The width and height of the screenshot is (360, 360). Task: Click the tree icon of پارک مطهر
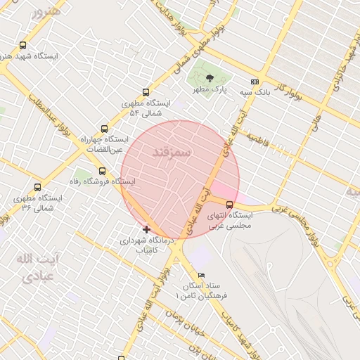click(x=210, y=79)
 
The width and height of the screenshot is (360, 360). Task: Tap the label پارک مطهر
click(x=212, y=91)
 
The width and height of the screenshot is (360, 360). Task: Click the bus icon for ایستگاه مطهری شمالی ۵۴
click(x=146, y=92)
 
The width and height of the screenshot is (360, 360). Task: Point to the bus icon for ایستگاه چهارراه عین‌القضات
click(x=104, y=129)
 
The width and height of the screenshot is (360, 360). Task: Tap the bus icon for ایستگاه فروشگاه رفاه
click(x=103, y=171)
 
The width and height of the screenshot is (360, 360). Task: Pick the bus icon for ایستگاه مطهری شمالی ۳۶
click(x=37, y=187)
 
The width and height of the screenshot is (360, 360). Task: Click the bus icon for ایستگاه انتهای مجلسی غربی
click(x=229, y=205)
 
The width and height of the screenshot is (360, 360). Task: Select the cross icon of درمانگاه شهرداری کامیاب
click(x=146, y=229)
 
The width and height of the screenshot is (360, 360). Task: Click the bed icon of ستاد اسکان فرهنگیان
click(x=202, y=275)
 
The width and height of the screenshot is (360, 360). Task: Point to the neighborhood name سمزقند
click(x=172, y=155)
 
